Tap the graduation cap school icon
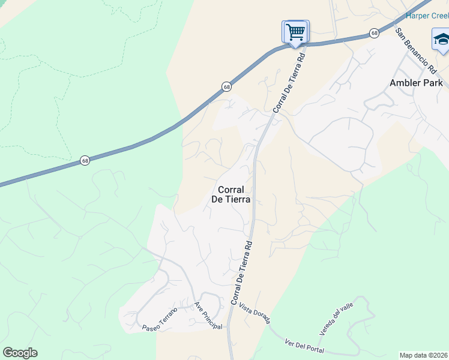click(442, 40)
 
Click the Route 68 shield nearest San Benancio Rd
click(375, 33)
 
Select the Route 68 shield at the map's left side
click(85, 161)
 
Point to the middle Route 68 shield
click(226, 87)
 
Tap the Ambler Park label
click(416, 83)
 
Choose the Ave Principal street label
click(208, 316)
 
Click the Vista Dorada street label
click(255, 313)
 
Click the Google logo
click(20, 353)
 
